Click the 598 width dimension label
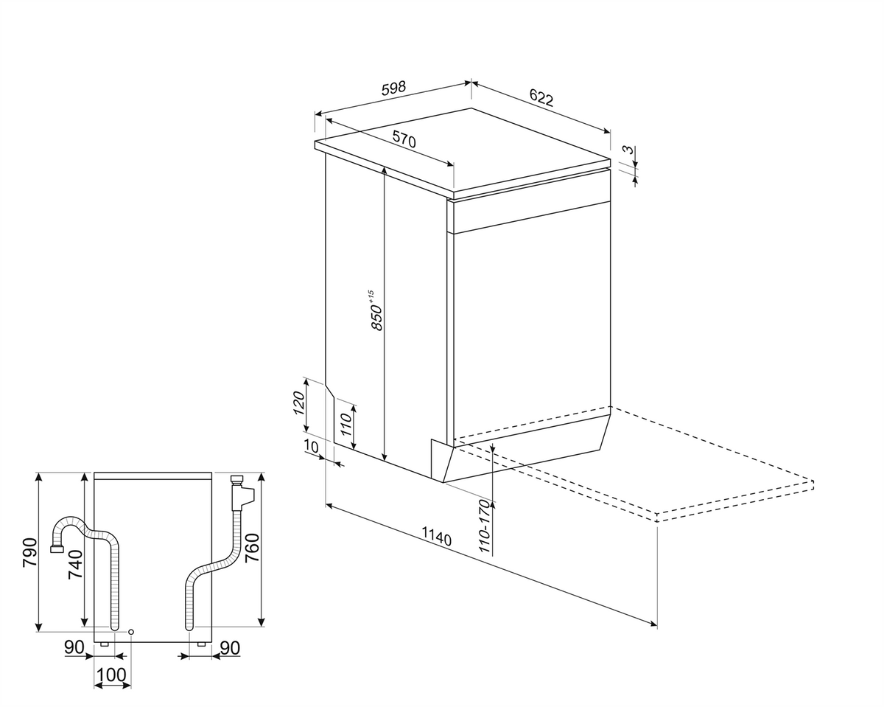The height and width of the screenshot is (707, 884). pos(393,88)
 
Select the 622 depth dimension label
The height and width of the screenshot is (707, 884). pos(541,98)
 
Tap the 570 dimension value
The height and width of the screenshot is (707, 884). pos(404,139)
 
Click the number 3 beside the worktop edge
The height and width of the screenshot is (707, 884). pos(629,150)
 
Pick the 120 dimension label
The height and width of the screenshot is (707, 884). pos(300,403)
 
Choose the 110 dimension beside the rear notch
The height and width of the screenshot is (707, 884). pos(346,425)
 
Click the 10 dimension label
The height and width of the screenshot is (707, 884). pos(312,446)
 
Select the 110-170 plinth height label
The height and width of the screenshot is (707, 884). pos(485,526)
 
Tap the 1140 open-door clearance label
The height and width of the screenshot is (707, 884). pos(436,537)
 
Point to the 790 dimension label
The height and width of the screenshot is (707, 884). pos(30,552)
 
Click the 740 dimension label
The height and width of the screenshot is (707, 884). pos(75,565)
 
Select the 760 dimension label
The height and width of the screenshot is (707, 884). pos(252,548)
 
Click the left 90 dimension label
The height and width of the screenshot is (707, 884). pos(74,647)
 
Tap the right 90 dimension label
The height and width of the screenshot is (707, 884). pos(230,648)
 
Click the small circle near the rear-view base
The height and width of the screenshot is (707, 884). pos(131,631)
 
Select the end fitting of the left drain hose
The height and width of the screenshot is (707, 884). pos(55,548)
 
